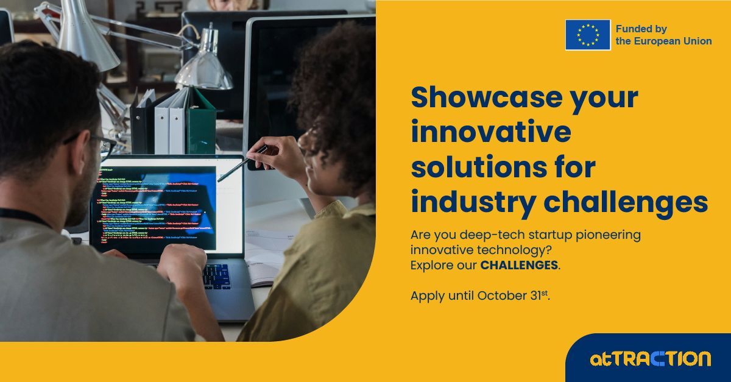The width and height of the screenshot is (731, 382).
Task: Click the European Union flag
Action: tap(587, 35)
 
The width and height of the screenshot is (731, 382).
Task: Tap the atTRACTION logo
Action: tap(650, 358)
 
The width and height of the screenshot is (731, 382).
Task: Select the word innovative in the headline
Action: tap(491, 132)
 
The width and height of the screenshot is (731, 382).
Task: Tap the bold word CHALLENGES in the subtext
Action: tap(519, 266)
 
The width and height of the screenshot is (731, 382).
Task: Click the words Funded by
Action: tap(641, 29)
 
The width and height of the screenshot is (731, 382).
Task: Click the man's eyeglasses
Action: tap(101, 144)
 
